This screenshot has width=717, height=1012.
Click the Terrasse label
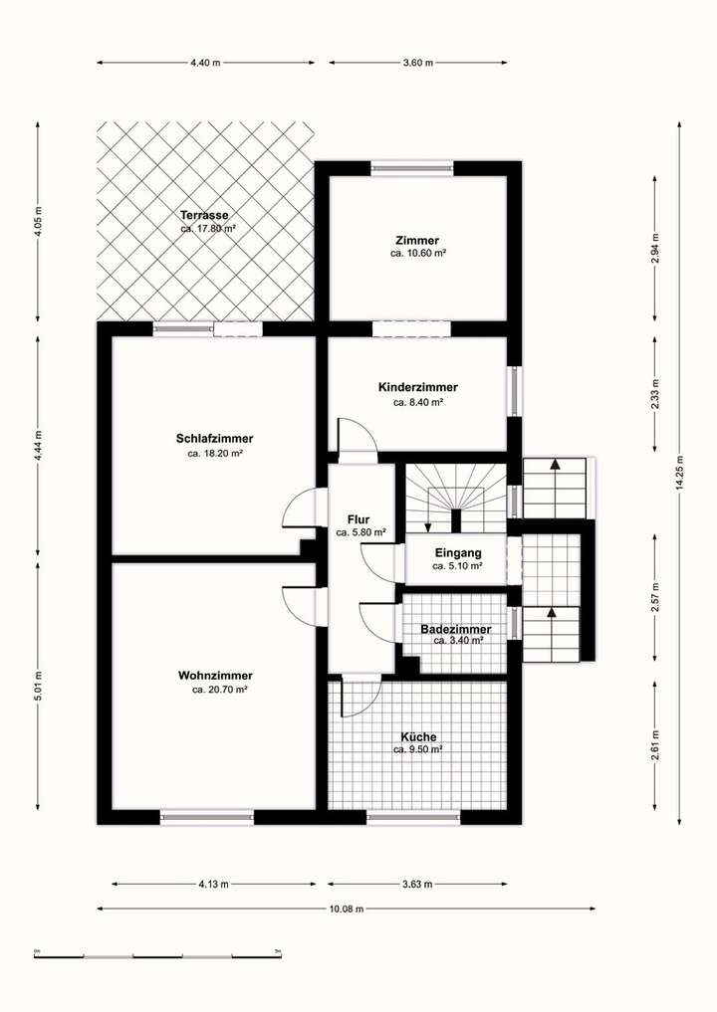(x=205, y=215)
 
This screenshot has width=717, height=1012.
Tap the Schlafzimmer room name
(x=214, y=438)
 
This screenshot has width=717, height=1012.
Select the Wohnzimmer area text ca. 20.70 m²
(x=219, y=690)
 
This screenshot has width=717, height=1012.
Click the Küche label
(x=417, y=736)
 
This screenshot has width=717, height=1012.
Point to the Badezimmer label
(x=455, y=630)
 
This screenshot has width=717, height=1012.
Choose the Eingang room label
(x=458, y=552)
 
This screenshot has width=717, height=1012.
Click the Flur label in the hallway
(x=358, y=519)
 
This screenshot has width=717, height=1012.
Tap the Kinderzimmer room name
(x=417, y=387)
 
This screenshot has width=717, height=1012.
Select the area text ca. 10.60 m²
(x=417, y=254)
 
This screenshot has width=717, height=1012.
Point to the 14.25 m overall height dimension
(x=679, y=474)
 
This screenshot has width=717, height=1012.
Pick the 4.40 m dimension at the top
(x=205, y=63)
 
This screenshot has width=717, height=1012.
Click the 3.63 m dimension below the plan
(x=417, y=884)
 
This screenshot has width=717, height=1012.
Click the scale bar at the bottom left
(x=157, y=954)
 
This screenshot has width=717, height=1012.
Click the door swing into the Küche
(x=360, y=698)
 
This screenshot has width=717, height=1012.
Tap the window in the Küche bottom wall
(x=413, y=817)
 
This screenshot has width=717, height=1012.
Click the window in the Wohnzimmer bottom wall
(x=207, y=817)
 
